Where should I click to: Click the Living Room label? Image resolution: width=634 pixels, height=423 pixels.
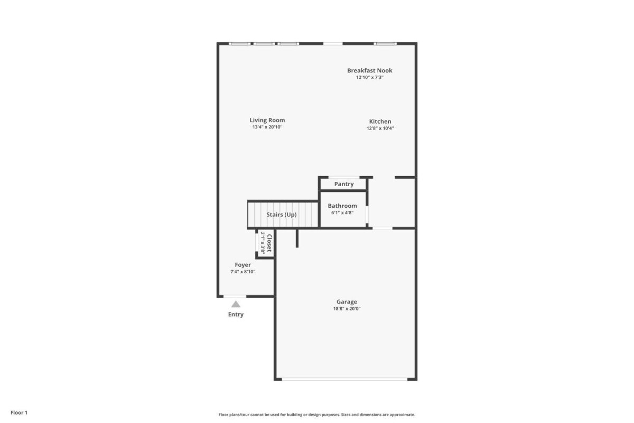point(267,121)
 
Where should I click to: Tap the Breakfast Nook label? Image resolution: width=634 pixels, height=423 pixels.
point(370,70)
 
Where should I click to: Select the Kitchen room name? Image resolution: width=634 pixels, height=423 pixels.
point(380,121)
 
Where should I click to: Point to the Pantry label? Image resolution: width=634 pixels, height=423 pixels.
point(344,184)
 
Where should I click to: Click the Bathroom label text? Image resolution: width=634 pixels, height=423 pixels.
point(342,206)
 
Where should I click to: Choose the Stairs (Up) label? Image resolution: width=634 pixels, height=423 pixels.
point(281,215)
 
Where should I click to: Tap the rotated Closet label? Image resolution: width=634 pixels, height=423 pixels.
point(269,243)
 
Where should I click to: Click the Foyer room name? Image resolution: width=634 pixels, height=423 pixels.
point(243,265)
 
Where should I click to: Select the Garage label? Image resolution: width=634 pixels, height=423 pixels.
point(347,302)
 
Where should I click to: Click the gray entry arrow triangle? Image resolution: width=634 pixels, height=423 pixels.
point(236,305)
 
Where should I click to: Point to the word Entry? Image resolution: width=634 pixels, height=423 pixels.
point(236,314)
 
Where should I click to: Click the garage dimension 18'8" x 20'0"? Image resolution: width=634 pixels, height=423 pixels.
point(347,309)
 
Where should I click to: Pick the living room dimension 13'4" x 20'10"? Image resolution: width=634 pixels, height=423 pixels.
point(267,127)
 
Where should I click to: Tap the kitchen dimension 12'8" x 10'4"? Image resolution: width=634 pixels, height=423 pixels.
point(380,128)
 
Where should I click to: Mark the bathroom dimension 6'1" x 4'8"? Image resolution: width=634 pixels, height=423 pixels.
point(342,213)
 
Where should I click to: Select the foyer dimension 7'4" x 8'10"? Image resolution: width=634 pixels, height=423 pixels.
point(243,272)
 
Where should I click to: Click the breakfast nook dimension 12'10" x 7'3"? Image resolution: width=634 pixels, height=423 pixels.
point(370,77)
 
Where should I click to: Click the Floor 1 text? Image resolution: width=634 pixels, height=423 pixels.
point(19,412)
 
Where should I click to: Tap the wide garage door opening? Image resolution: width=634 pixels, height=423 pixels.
point(344,379)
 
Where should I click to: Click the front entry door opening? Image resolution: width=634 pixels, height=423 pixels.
point(235,296)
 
